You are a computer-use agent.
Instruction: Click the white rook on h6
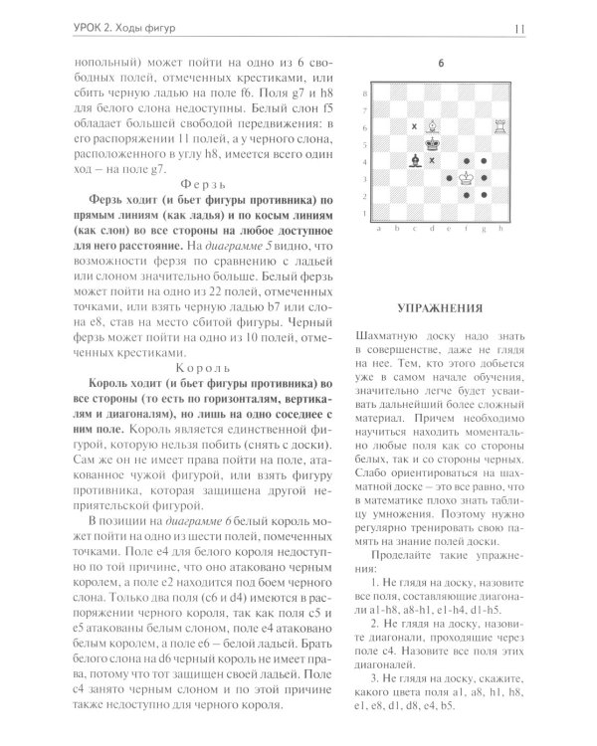point(501,124)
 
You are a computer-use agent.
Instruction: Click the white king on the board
point(466,176)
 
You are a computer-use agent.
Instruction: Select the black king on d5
point(431,142)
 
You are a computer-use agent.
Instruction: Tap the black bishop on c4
point(413,159)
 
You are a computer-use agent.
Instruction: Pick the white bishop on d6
point(431,124)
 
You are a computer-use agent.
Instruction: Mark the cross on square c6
point(413,125)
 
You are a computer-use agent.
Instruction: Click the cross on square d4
point(431,160)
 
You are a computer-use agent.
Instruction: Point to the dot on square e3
point(449,177)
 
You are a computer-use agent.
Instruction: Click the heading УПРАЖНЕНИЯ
point(440,307)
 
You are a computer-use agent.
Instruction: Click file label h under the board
point(500,227)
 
